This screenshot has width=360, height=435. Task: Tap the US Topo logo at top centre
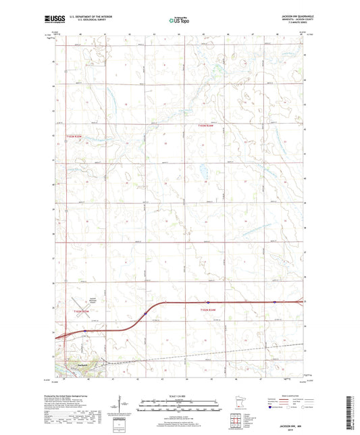[179, 21]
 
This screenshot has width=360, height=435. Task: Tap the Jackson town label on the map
[82, 365]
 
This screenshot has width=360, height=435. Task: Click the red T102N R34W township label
[210, 310]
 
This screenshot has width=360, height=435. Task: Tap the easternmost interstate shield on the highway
[274, 302]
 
